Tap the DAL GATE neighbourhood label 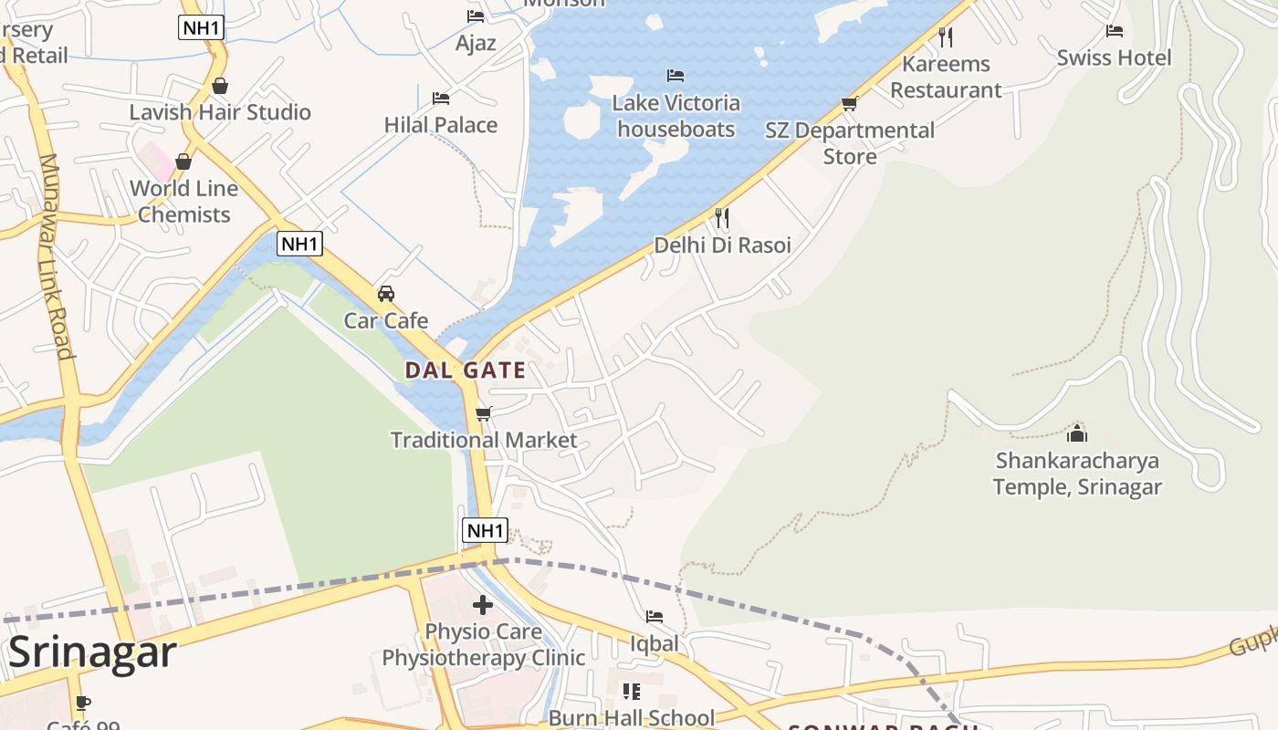[x=465, y=370]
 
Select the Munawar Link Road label [x=55, y=256]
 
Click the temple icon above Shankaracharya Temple [x=1077, y=433]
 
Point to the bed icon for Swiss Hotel [x=1114, y=31]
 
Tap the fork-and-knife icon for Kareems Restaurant [x=946, y=37]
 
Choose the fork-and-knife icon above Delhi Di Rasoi [x=722, y=218]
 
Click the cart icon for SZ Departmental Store [x=850, y=104]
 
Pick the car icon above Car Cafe [x=386, y=294]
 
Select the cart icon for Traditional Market [x=484, y=413]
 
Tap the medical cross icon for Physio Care [x=483, y=604]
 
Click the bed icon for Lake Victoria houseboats [x=676, y=76]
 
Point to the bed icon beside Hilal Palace [x=441, y=99]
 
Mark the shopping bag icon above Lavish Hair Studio [x=219, y=86]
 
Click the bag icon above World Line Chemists [x=183, y=162]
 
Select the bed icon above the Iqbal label [x=655, y=617]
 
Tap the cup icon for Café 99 [x=82, y=703]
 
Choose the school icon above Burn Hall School [x=631, y=692]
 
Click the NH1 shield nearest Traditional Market [x=484, y=530]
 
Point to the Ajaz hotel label [x=476, y=43]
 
